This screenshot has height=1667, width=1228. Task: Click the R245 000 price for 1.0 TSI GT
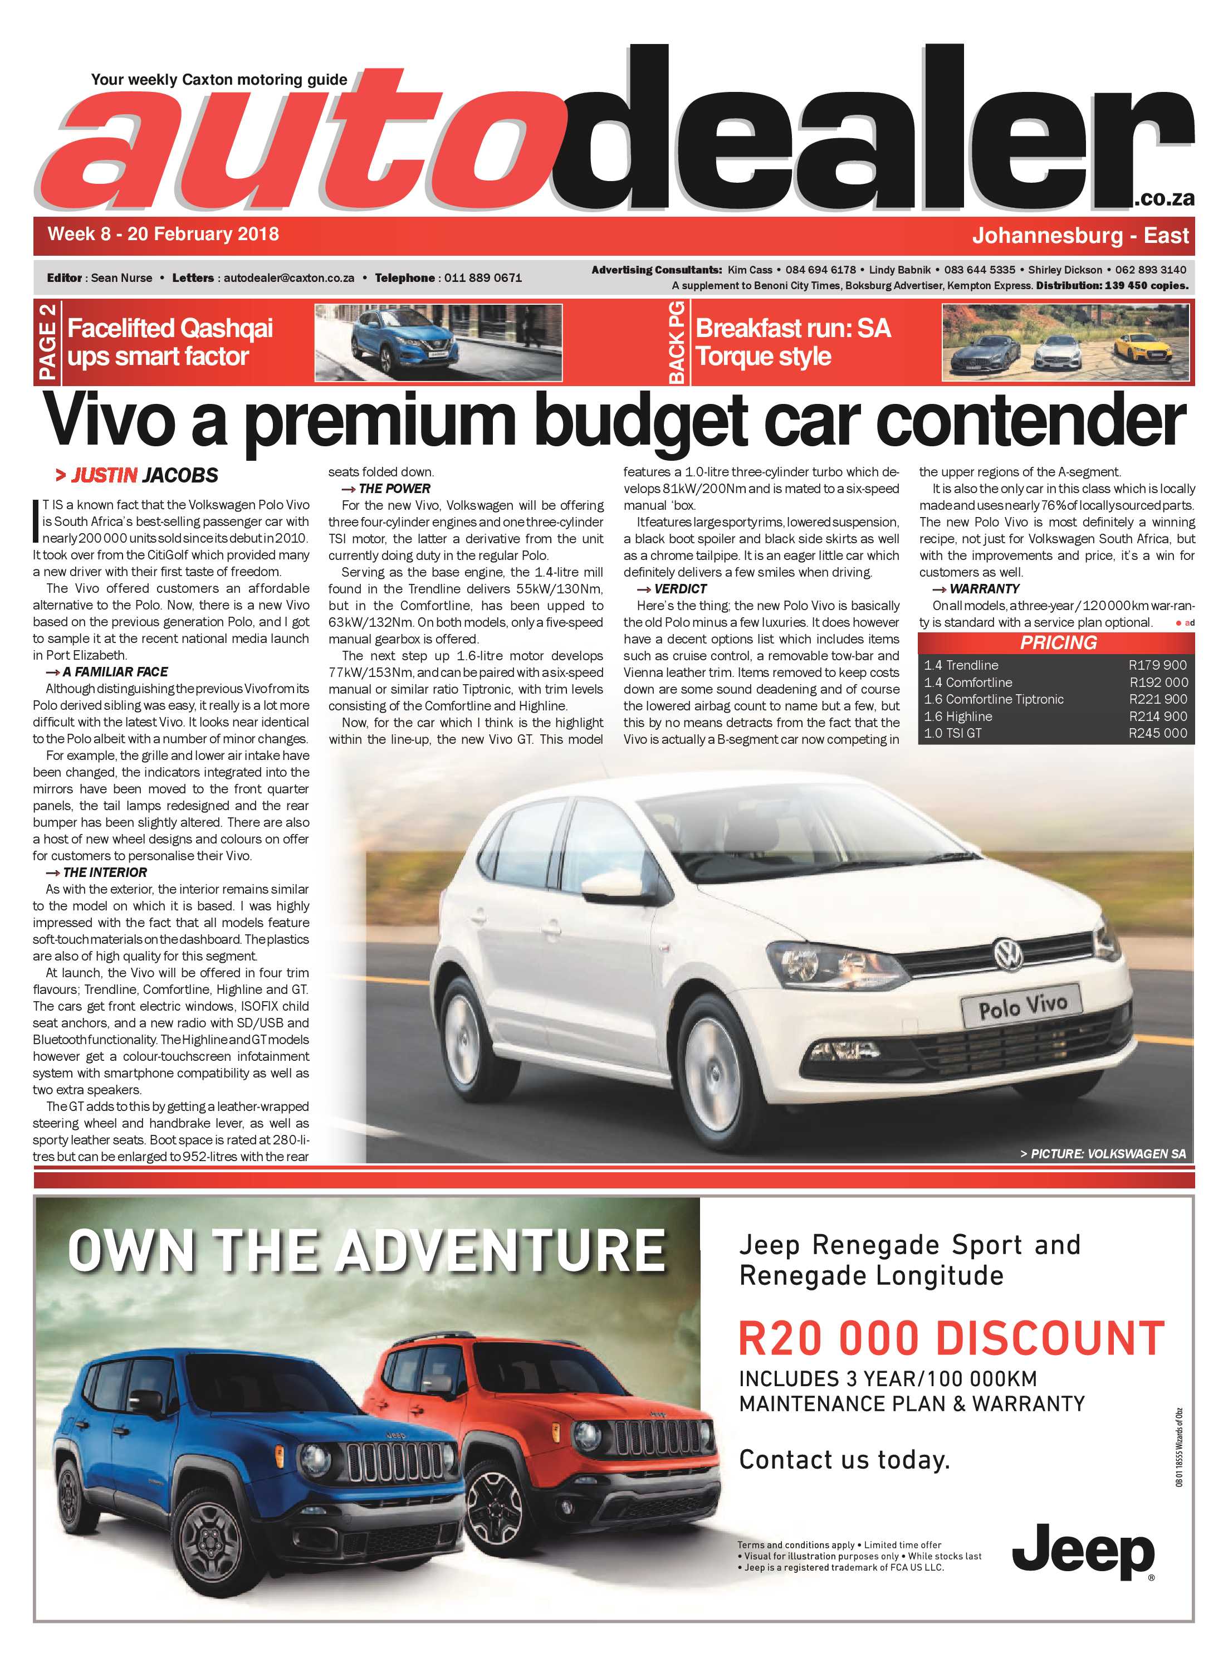tap(1157, 733)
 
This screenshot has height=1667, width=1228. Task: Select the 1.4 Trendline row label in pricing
tap(961, 665)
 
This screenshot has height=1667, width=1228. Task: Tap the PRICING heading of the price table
tap(1058, 643)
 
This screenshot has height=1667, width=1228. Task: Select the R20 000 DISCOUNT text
tap(951, 1338)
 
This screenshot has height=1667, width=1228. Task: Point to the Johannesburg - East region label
tap(1080, 236)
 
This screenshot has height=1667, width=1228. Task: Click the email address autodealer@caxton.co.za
tap(288, 278)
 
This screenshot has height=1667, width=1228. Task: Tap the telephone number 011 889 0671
tap(483, 278)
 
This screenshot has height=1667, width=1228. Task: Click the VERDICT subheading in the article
tap(680, 589)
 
